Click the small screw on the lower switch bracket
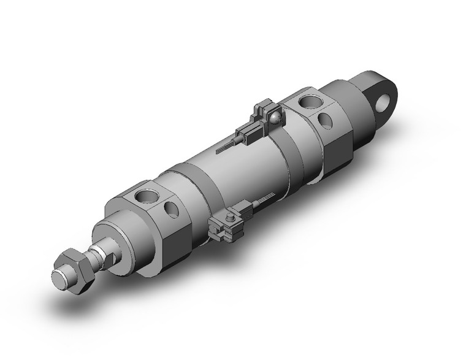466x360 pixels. point(231,216)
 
